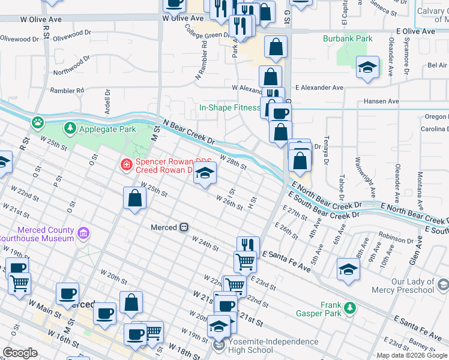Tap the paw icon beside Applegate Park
tap(38, 122)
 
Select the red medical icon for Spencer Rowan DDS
tap(126, 164)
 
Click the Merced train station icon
tap(185, 227)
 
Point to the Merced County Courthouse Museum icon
tap(83, 233)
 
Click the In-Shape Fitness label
tap(229, 109)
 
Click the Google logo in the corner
tap(20, 353)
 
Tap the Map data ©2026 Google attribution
tap(411, 355)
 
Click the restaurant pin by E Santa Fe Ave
tap(248, 245)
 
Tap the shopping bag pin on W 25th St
tap(135, 198)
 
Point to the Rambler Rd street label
tap(67, 91)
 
